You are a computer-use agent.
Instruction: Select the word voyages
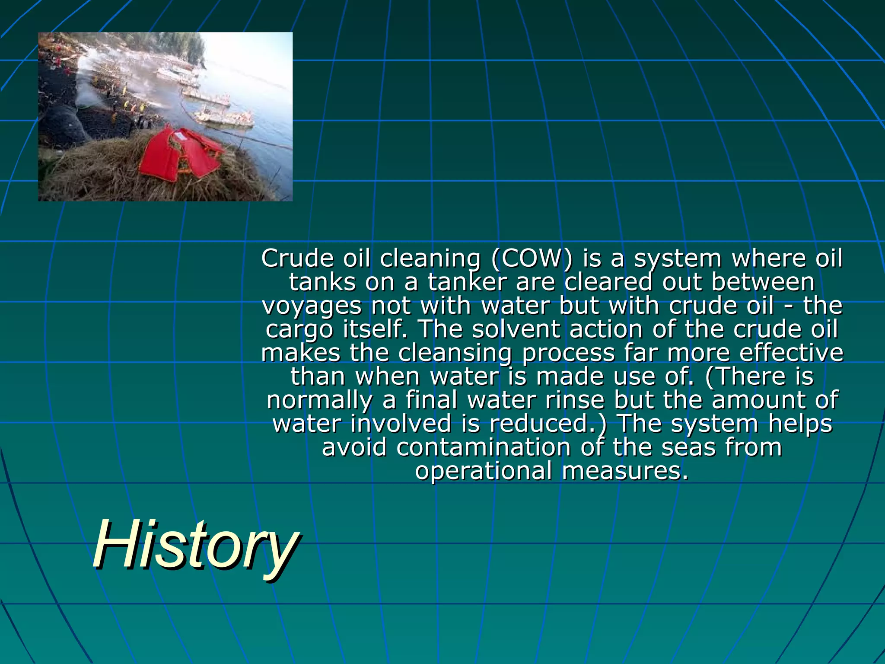[311, 306]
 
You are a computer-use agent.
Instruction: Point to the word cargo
[299, 329]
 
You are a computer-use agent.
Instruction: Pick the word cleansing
[455, 353]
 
